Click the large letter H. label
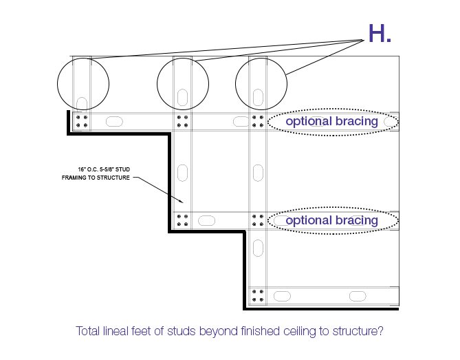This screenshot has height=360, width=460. point(380,33)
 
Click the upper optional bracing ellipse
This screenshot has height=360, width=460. point(333,122)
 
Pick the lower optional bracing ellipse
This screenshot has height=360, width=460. point(333,220)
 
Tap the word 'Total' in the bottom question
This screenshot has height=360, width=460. point(89,331)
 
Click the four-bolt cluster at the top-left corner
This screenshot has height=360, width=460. point(82,122)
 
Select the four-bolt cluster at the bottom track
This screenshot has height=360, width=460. point(258,296)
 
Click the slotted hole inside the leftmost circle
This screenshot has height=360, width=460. point(82,103)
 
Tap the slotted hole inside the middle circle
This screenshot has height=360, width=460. point(183,96)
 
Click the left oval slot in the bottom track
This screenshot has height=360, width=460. point(282,296)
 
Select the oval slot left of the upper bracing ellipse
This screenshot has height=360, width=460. point(241,122)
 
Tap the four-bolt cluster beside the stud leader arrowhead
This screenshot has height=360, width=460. point(183,220)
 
